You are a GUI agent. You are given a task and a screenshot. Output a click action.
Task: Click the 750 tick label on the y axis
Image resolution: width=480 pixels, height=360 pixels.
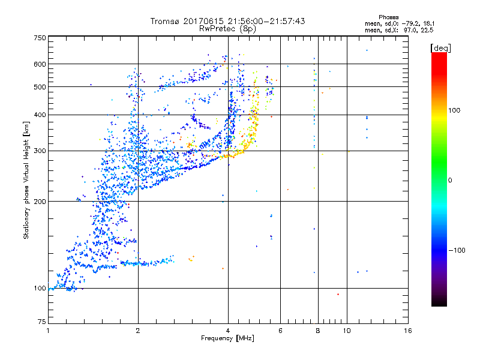coord(40,38)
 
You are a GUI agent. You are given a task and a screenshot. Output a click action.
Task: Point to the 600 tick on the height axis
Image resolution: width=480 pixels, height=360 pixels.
coord(40,64)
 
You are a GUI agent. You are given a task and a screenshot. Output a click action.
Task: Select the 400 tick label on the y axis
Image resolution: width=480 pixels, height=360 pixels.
coord(40,115)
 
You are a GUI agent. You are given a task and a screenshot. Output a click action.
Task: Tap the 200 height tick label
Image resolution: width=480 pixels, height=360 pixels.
coord(40,202)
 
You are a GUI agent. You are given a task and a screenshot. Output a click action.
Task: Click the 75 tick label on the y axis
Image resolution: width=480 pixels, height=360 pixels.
coord(41,322)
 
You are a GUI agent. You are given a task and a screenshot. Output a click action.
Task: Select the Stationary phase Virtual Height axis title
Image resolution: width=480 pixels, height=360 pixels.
coord(26,179)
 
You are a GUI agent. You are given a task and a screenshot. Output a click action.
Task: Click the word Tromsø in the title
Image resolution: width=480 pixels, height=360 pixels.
coord(167,21)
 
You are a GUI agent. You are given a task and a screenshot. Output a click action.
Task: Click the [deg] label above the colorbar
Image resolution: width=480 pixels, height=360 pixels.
coord(440,47)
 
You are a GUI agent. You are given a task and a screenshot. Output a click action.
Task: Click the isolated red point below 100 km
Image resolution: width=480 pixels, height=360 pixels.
coord(338,294)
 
